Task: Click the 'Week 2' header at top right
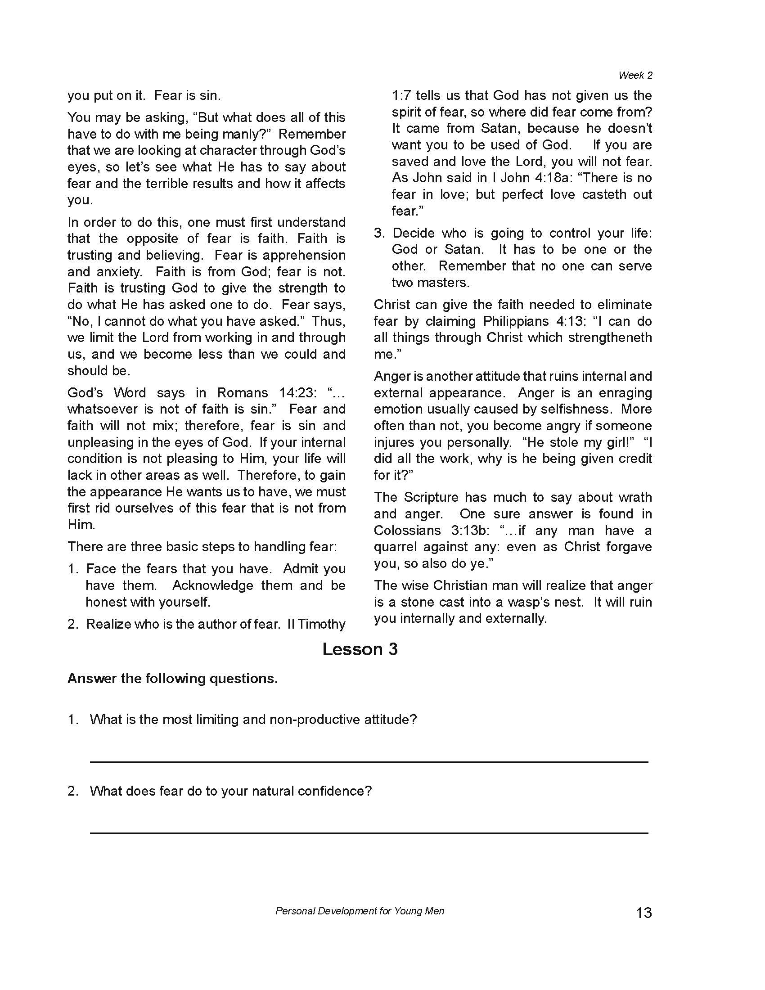(635, 75)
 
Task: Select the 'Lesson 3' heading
(360, 649)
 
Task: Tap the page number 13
(643, 912)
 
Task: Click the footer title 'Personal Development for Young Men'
(360, 911)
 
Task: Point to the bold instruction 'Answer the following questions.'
(173, 679)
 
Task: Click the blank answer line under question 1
(369, 762)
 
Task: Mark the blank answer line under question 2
(369, 832)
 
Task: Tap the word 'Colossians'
(407, 531)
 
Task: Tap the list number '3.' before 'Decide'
(379, 234)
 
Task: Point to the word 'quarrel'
(395, 547)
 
